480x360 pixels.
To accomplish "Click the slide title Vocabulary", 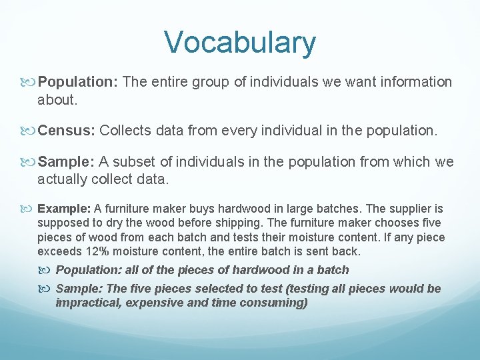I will point(240,42).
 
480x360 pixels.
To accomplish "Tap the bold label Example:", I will point(64,209).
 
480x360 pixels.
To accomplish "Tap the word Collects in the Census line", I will point(125,131).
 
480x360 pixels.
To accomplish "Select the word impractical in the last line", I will point(86,303).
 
